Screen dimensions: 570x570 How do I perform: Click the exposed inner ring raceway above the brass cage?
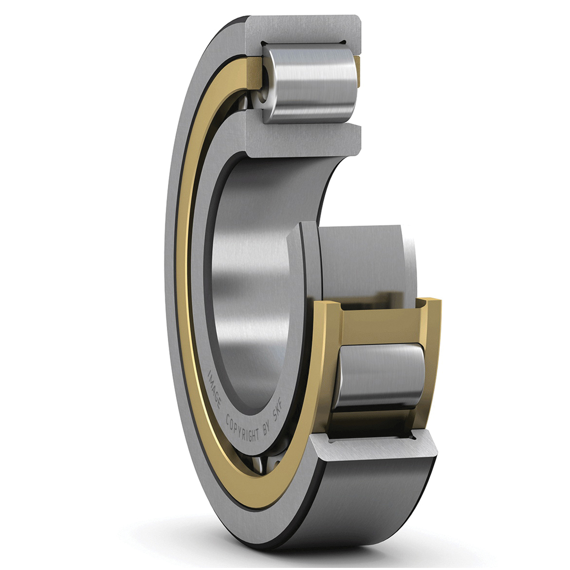(x=363, y=259)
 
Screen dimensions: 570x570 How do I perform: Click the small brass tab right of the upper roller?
(x=357, y=70)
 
